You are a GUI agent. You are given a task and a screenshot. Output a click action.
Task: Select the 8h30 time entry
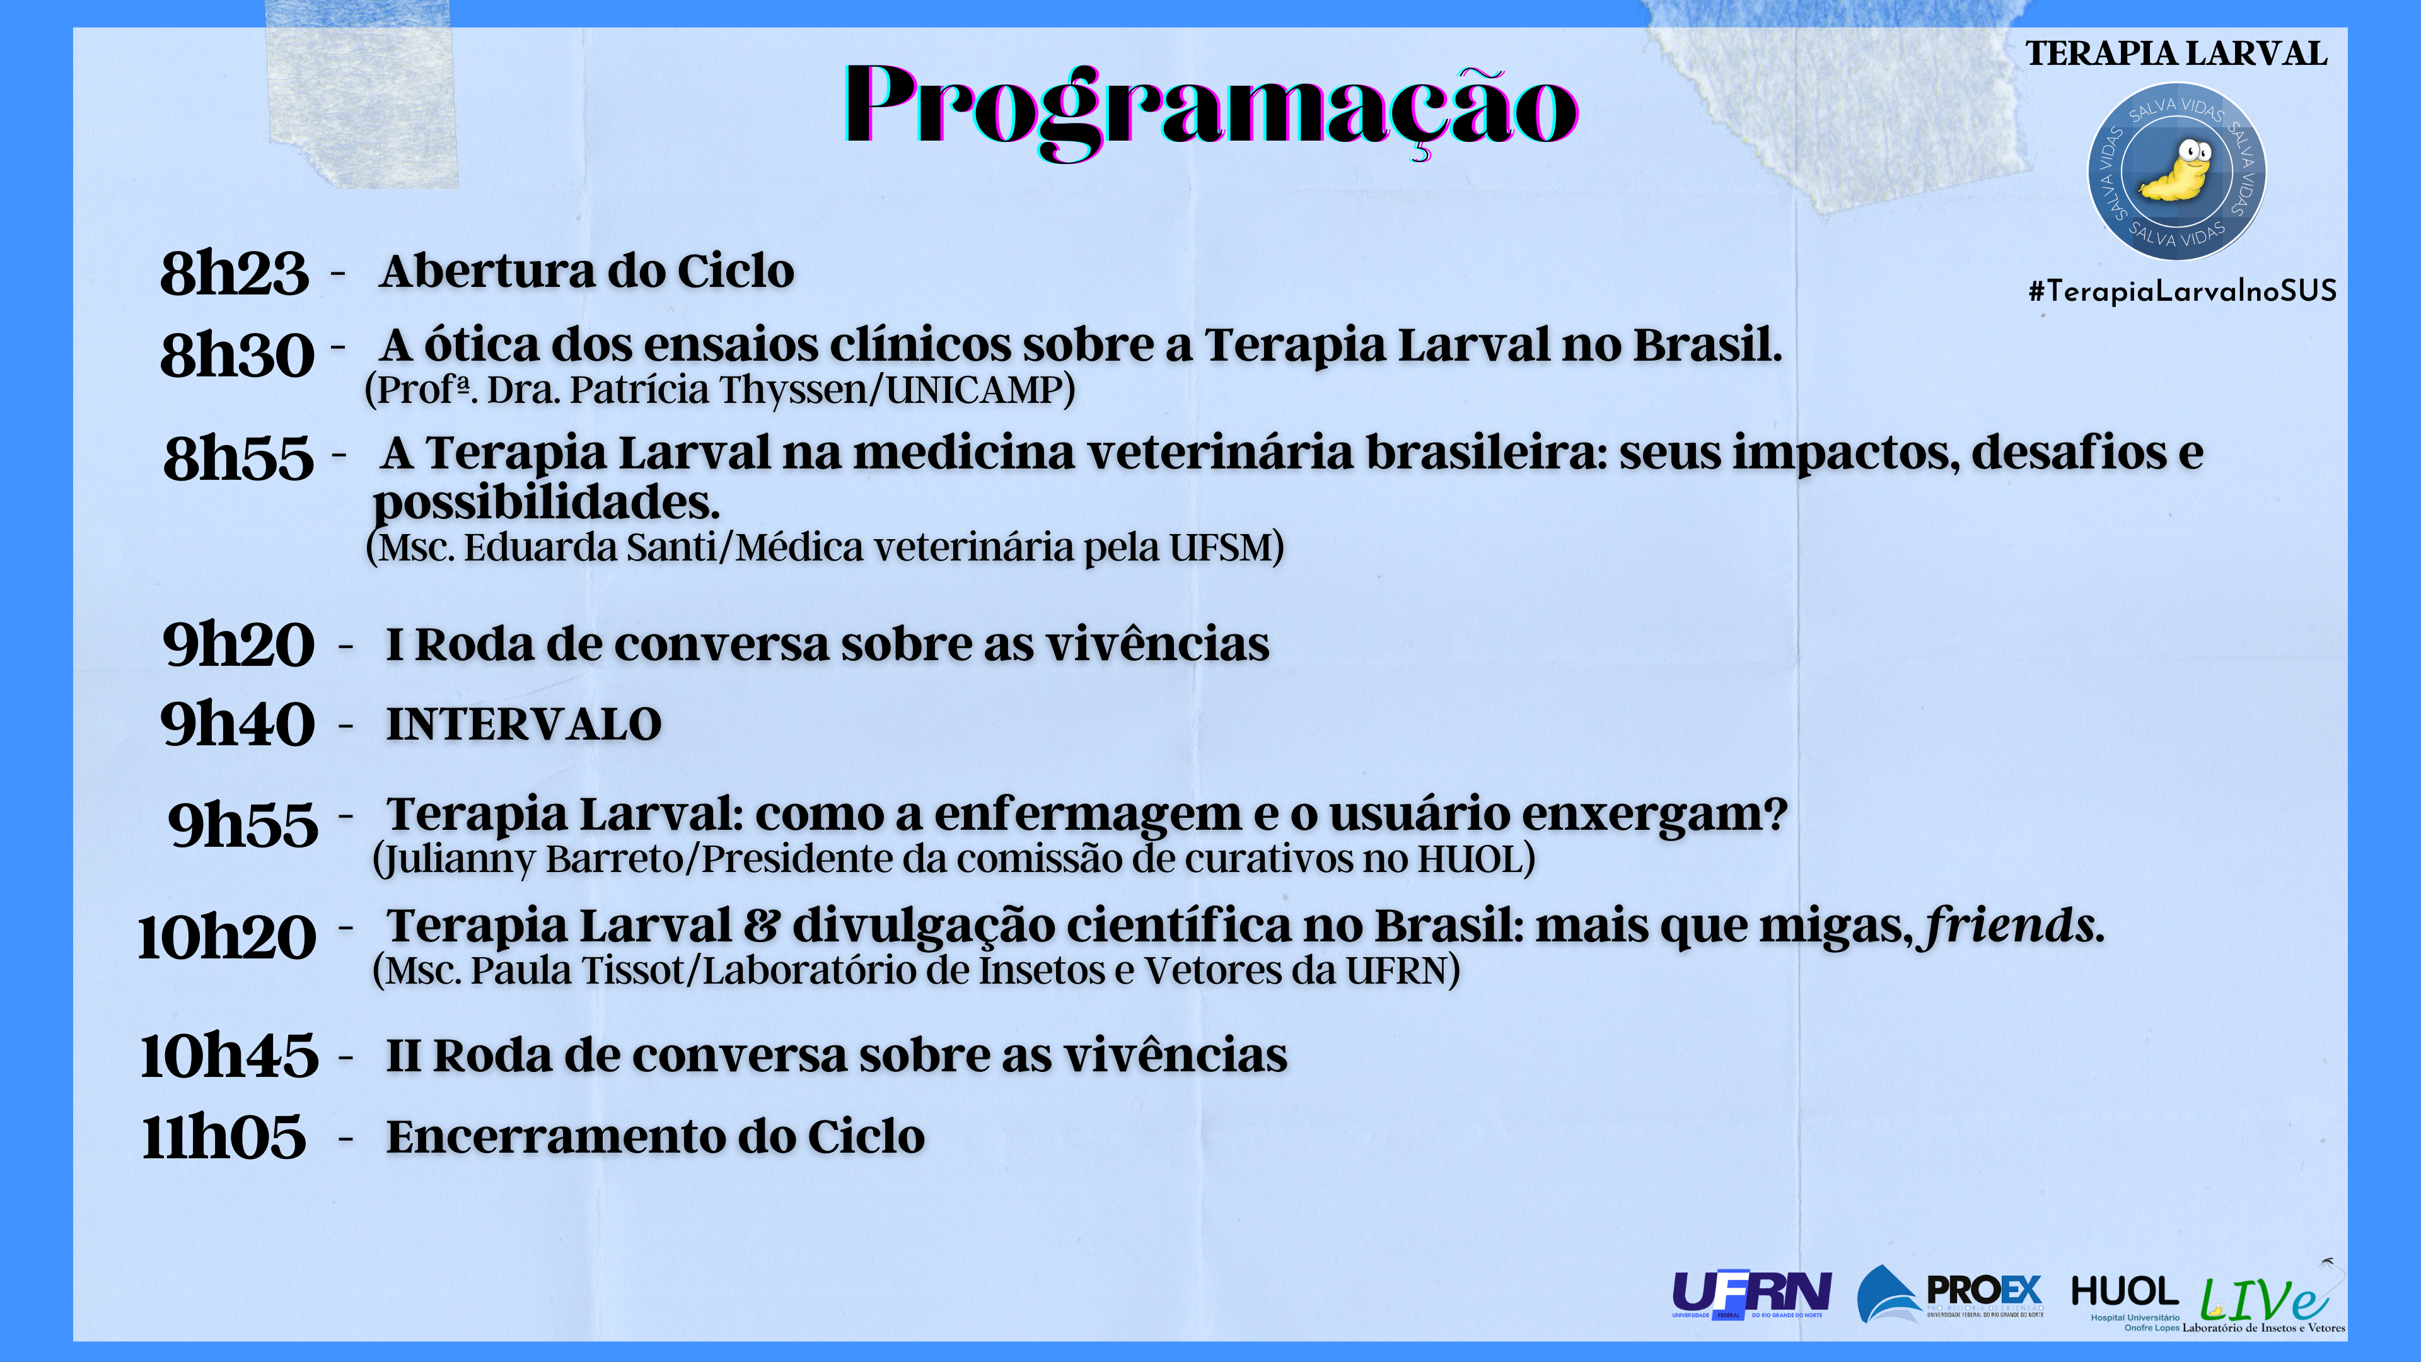pyautogui.click(x=237, y=355)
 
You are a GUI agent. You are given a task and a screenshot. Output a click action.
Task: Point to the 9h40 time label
pyautogui.click(x=237, y=724)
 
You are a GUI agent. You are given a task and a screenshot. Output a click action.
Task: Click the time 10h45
pyautogui.click(x=229, y=1056)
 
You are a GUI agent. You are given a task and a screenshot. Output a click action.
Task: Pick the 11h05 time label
pyautogui.click(x=224, y=1136)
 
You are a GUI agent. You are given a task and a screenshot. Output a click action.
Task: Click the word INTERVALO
pyautogui.click(x=523, y=725)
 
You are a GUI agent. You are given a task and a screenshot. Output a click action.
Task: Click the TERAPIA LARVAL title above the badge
pyautogui.click(x=2176, y=54)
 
